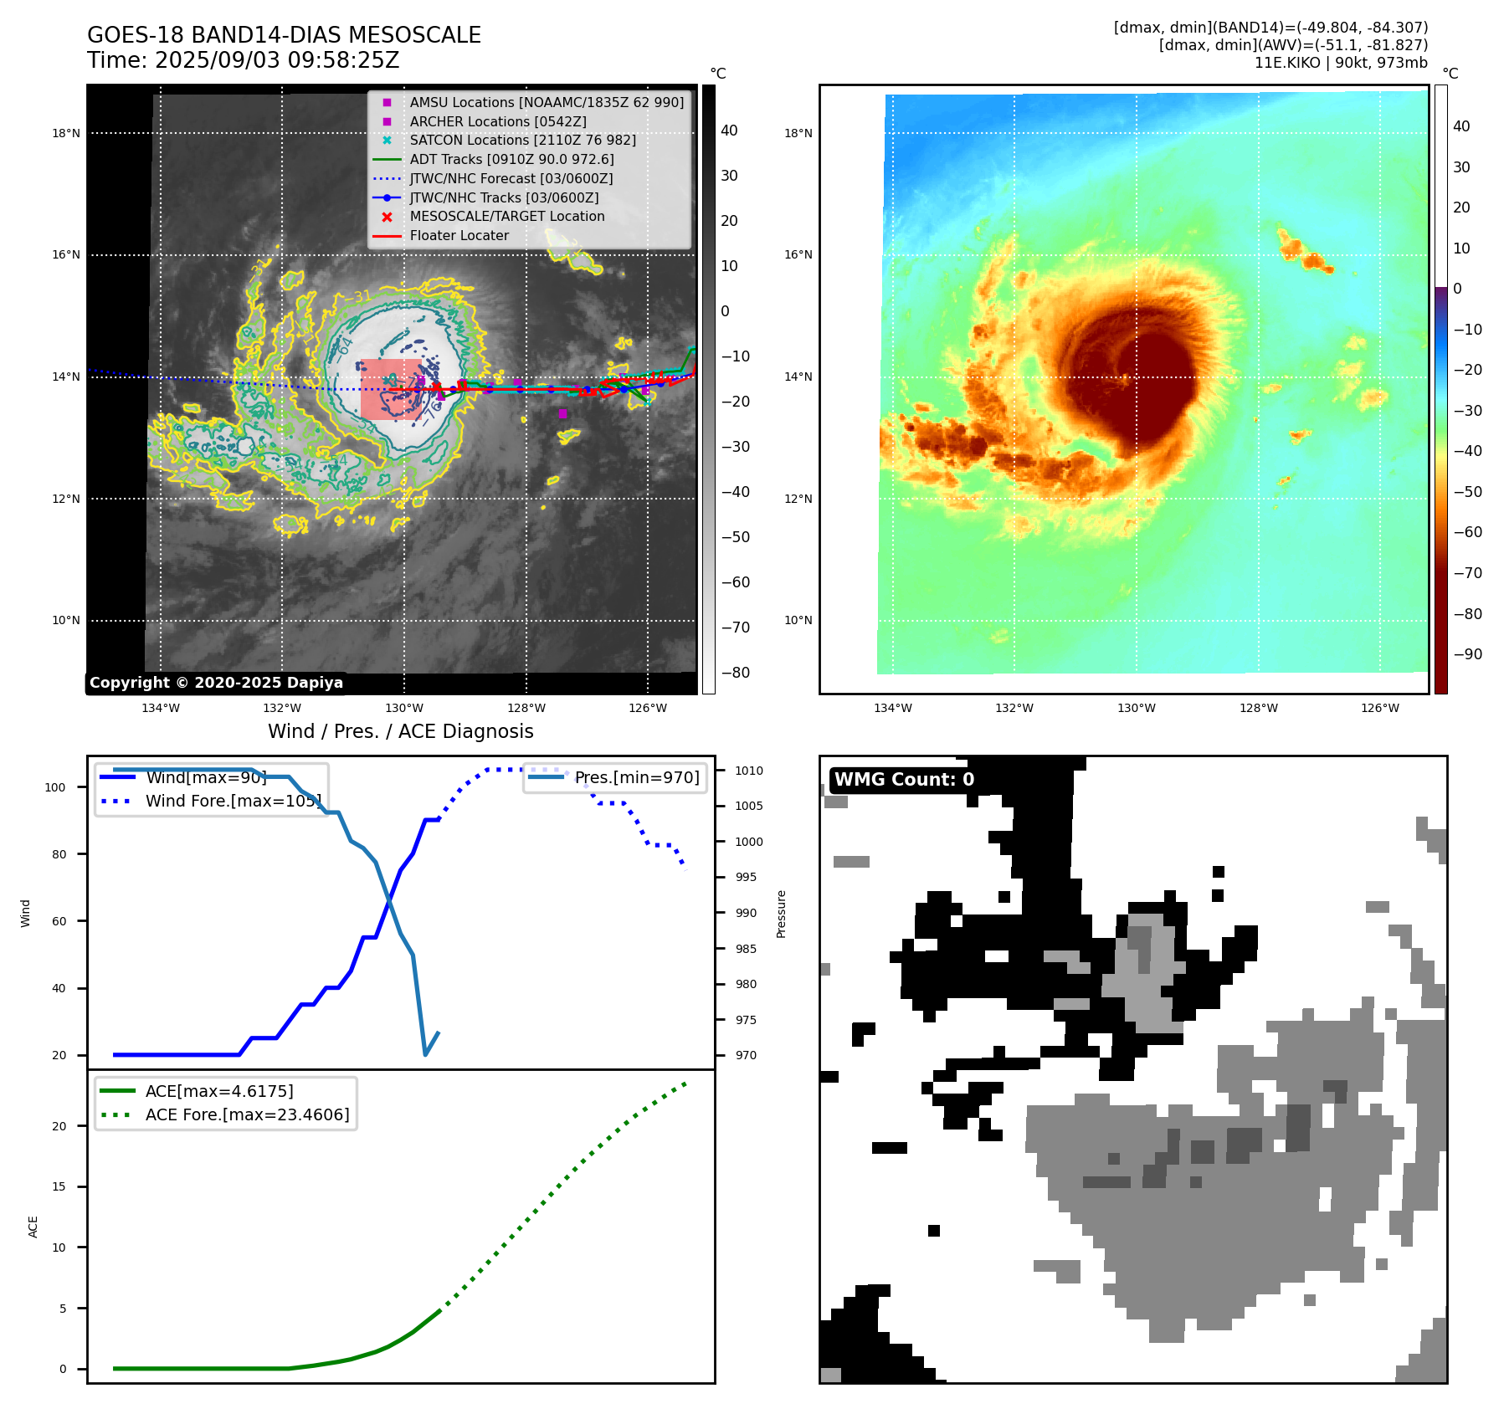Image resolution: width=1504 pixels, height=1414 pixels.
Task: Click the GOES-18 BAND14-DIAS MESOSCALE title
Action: (x=284, y=35)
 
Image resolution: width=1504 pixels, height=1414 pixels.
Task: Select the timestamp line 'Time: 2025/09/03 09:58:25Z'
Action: (x=243, y=61)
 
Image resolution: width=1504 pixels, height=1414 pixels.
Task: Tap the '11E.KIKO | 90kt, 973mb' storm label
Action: (x=1341, y=63)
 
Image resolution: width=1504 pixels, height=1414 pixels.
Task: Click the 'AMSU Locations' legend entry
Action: (x=546, y=102)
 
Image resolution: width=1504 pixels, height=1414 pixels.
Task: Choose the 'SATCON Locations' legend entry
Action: (x=522, y=140)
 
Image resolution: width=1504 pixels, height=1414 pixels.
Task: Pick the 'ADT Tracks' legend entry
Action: (x=511, y=159)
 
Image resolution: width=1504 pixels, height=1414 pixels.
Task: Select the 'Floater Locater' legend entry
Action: (x=459, y=235)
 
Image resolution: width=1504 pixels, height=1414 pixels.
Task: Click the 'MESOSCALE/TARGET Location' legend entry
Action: (x=506, y=216)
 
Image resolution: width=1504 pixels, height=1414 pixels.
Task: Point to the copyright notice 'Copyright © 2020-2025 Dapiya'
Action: (x=216, y=683)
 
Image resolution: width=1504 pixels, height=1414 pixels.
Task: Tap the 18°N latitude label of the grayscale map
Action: (x=66, y=133)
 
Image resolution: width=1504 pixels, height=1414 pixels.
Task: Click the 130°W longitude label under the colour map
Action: (x=1136, y=708)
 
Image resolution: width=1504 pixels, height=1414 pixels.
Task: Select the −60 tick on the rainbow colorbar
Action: (x=1467, y=532)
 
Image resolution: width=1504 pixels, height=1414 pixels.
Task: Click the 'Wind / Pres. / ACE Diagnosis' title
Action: (x=400, y=731)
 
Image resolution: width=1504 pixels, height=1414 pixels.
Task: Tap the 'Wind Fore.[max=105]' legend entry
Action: (x=233, y=801)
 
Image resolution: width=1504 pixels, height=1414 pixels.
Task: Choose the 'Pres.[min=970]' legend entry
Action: (x=636, y=777)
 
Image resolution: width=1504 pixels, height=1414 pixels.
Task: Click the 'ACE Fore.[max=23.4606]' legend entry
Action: (x=247, y=1114)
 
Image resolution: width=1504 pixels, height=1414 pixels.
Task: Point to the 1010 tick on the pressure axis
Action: (x=749, y=771)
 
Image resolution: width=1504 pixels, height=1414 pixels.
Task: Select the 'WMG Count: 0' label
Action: (x=904, y=779)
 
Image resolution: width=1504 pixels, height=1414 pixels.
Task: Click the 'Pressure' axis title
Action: (x=781, y=914)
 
